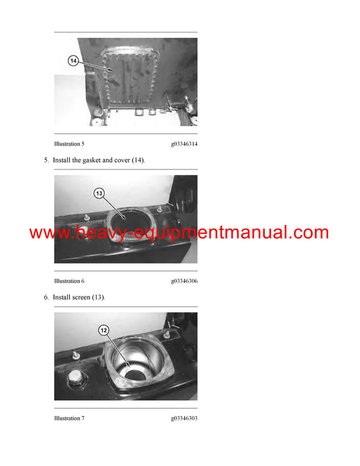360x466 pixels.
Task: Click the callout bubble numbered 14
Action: (73, 60)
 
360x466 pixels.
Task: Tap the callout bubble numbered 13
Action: (100, 193)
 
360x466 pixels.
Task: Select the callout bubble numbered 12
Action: (104, 330)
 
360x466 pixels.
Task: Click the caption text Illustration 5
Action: (69, 144)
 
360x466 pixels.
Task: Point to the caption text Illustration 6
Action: (69, 281)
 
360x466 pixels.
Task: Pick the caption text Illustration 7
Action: (69, 418)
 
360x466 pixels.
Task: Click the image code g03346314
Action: (184, 144)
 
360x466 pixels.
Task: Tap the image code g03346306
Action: (184, 281)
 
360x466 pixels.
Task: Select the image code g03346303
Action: (184, 418)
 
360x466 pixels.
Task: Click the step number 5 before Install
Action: (46, 160)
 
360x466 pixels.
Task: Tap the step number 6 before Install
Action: (46, 297)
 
